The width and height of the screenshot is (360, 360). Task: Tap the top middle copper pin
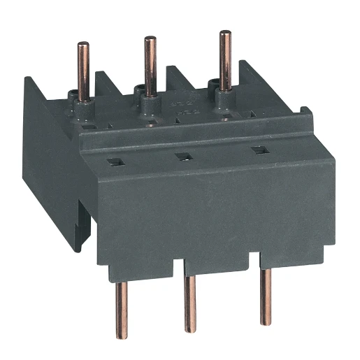tap(150, 63)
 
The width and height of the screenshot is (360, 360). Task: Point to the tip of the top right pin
tap(224, 33)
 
